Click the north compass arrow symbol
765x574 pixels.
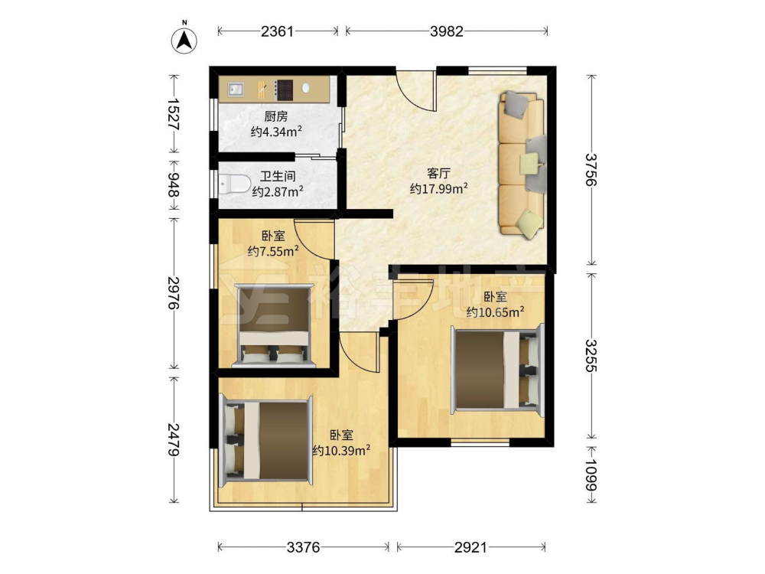(x=184, y=39)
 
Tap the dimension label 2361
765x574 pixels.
(x=278, y=31)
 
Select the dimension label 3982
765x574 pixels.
(x=447, y=31)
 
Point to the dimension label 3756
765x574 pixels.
(x=591, y=170)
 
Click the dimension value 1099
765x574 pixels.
(x=591, y=475)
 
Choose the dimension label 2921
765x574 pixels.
(x=470, y=547)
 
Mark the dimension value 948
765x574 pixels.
(x=173, y=184)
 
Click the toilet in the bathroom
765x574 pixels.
(x=233, y=184)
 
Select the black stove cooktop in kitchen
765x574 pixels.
(x=284, y=90)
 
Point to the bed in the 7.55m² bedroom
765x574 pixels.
(x=273, y=325)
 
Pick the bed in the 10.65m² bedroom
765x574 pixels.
(x=498, y=370)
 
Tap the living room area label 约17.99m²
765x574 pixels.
(x=439, y=188)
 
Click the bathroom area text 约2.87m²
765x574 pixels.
(x=278, y=191)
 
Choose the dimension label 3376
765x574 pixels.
(x=303, y=547)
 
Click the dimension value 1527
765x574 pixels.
(x=173, y=114)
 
